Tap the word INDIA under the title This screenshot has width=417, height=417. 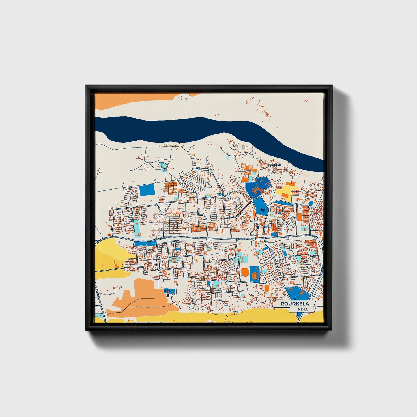click(x=302, y=309)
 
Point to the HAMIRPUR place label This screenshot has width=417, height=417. click(x=274, y=165)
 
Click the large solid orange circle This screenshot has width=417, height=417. click(x=245, y=272)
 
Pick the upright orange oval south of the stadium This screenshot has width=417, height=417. click(x=267, y=288)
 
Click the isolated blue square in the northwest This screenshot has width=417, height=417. click(x=147, y=190)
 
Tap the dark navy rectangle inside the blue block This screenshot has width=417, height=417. click(x=257, y=227)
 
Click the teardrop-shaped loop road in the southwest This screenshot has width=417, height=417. click(x=158, y=263)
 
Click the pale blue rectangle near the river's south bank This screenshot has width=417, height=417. click(x=228, y=158)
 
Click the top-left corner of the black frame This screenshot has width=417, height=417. click(x=86, y=85)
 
